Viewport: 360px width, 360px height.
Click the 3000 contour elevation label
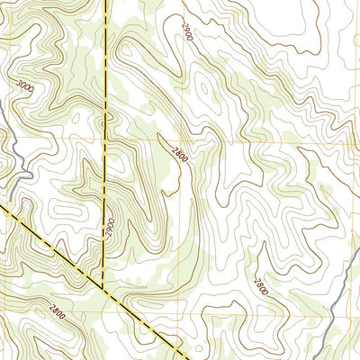(x=24, y=86)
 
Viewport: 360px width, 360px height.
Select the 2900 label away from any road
(x=186, y=33)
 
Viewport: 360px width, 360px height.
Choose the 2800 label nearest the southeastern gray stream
(x=260, y=286)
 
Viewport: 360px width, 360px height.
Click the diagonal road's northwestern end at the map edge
(x=2, y=205)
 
